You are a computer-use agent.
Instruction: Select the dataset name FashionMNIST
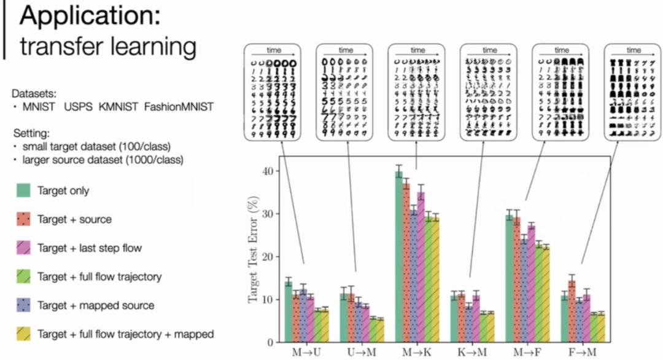click(179, 107)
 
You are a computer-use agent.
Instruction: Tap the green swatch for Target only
click(24, 191)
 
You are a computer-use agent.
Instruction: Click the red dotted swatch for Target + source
click(24, 219)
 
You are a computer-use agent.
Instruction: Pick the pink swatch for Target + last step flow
click(24, 248)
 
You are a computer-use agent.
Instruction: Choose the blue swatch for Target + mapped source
click(24, 305)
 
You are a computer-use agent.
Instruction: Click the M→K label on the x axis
click(416, 352)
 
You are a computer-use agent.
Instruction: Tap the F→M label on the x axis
click(582, 352)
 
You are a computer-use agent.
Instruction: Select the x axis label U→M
click(360, 352)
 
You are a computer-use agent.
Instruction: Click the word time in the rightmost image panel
click(634, 50)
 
